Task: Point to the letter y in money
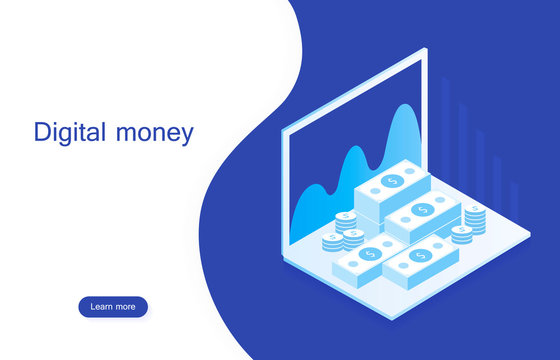[186, 137]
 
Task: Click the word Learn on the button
[101, 307]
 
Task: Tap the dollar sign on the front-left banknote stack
[370, 255]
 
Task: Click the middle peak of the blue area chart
[353, 150]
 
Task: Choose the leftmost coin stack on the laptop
[332, 241]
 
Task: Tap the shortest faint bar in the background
[514, 200]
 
